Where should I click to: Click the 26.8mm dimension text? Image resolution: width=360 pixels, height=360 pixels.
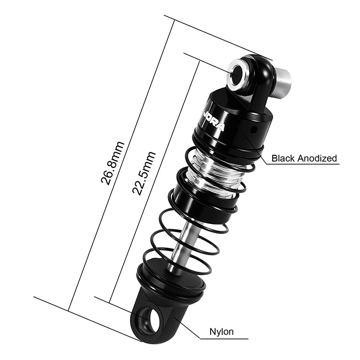point(112,163)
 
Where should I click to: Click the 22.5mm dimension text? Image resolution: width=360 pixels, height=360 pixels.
point(144,172)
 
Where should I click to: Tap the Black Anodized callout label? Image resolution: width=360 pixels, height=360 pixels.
point(304,158)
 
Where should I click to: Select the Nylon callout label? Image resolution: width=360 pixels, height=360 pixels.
point(222,332)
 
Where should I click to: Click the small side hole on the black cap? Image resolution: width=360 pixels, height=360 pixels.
point(253,130)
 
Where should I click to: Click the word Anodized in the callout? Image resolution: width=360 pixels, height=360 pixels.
point(316,158)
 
